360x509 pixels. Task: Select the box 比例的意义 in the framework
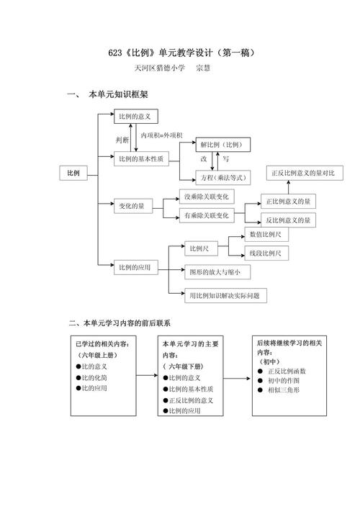point(136,115)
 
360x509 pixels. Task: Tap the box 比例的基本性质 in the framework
point(141,158)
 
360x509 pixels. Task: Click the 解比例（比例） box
point(221,145)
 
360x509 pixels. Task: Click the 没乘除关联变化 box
point(206,197)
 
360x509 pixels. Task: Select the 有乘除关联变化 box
point(206,215)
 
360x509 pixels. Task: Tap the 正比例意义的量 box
point(287,202)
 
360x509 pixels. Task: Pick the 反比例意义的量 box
point(287,220)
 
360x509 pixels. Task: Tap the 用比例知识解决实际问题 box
point(223,294)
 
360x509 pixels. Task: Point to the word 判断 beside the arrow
point(123,139)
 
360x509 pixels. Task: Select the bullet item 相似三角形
point(283,389)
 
